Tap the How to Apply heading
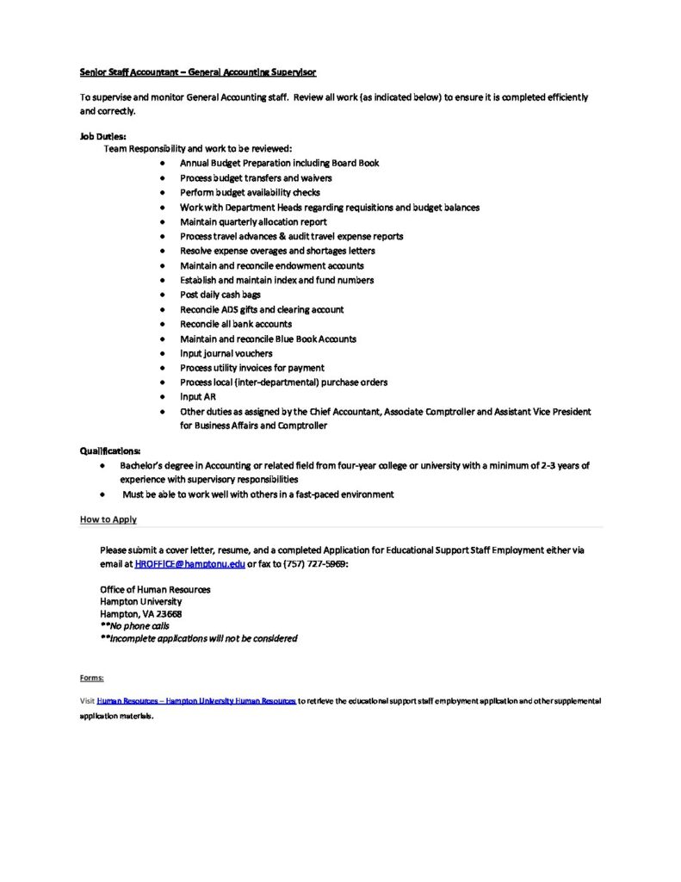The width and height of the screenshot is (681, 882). click(x=108, y=519)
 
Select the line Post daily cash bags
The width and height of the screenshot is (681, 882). click(x=220, y=295)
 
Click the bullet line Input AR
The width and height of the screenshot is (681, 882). click(x=198, y=397)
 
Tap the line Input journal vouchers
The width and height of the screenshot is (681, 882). click(x=226, y=353)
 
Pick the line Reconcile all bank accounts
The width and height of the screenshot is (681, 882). click(x=236, y=324)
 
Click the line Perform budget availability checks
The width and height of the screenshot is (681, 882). click(x=250, y=192)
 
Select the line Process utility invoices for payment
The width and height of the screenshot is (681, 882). click(x=252, y=368)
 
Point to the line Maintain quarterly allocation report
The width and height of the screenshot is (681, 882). click(x=253, y=221)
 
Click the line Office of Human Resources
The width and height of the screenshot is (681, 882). click(x=155, y=589)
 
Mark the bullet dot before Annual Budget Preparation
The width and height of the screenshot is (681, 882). click(x=163, y=163)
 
